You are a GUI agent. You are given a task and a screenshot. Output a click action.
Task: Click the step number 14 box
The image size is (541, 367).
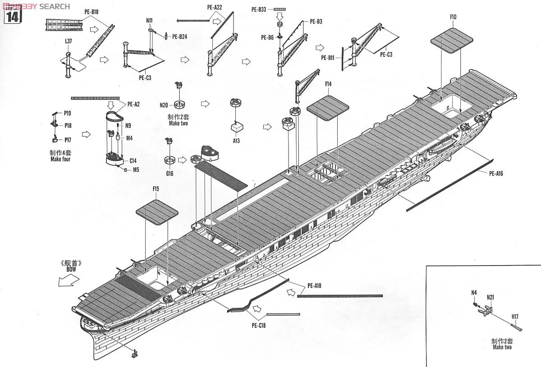13,16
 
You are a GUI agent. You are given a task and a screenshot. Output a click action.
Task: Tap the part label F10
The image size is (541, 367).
453,17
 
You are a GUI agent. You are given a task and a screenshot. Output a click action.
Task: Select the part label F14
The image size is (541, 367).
328,84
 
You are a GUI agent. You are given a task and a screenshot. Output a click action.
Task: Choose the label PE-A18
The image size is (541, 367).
314,285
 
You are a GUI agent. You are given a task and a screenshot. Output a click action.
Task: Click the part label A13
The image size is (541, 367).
236,140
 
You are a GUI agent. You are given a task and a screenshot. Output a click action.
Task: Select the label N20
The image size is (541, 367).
164,105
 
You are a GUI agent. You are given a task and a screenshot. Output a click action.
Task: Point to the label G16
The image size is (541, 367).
170,173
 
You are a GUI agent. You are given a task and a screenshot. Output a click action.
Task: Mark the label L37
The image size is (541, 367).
68,41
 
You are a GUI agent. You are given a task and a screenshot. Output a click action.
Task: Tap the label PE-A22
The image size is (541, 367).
215,8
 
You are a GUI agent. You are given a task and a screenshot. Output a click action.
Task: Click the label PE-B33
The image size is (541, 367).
259,9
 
